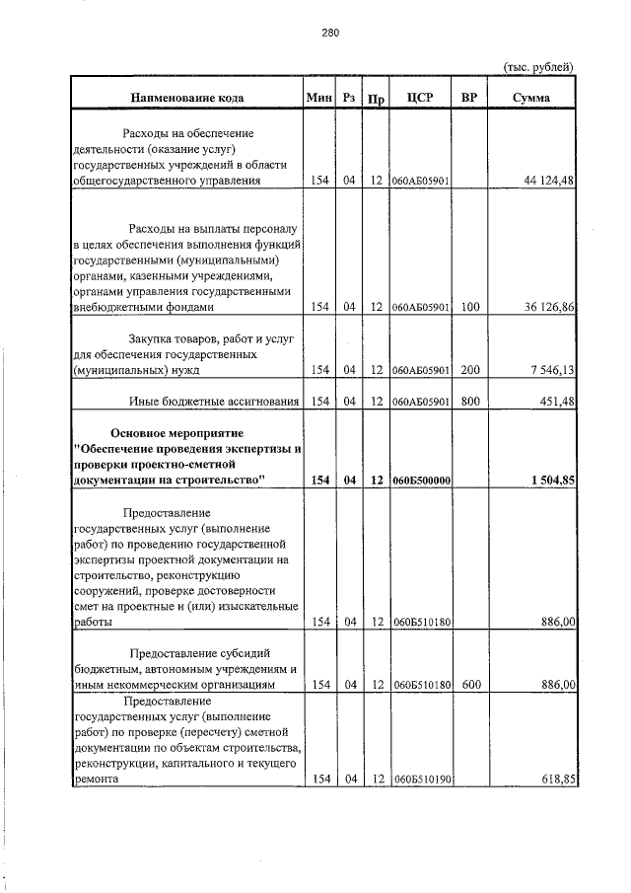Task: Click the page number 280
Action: pos(330,33)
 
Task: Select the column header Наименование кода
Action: pos(186,97)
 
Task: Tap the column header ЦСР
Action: pos(421,97)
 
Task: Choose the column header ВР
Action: pos(469,97)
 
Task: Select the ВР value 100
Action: pos(469,307)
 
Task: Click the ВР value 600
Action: pos(469,684)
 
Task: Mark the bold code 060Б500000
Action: pos(421,481)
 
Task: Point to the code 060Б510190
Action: pos(421,780)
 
